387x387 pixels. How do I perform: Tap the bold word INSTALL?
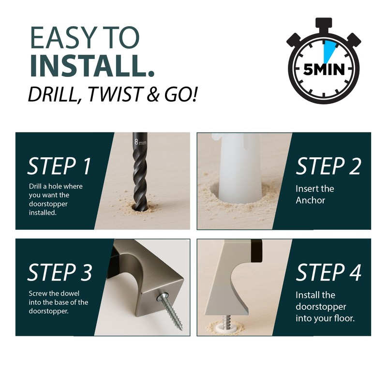[92, 65]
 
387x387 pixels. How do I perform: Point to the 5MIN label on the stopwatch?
[324, 69]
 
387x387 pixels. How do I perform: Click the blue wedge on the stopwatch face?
[329, 50]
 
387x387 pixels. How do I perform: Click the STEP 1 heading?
[59, 166]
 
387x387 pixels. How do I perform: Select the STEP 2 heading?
[328, 166]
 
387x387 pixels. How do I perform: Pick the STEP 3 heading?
[60, 272]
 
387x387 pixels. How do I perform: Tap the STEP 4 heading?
[328, 272]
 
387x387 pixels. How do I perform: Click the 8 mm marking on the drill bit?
[140, 142]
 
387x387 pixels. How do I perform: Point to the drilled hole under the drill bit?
[140, 207]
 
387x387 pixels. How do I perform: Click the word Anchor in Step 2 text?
[310, 200]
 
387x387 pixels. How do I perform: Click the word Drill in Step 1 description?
[35, 186]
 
